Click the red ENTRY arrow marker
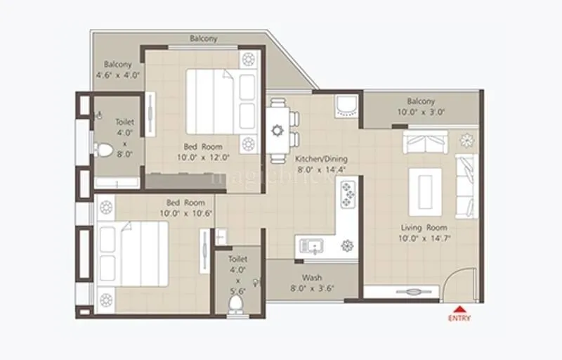(x=459, y=308)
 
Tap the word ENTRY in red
(x=459, y=318)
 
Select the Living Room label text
(x=424, y=228)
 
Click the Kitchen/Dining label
(x=321, y=159)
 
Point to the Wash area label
(x=312, y=278)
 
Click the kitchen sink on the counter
(x=311, y=245)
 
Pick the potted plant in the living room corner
(x=466, y=140)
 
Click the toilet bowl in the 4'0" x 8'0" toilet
(x=103, y=149)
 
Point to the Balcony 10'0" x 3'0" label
(x=421, y=106)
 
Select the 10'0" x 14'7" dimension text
(x=424, y=238)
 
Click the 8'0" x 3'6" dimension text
(x=312, y=288)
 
